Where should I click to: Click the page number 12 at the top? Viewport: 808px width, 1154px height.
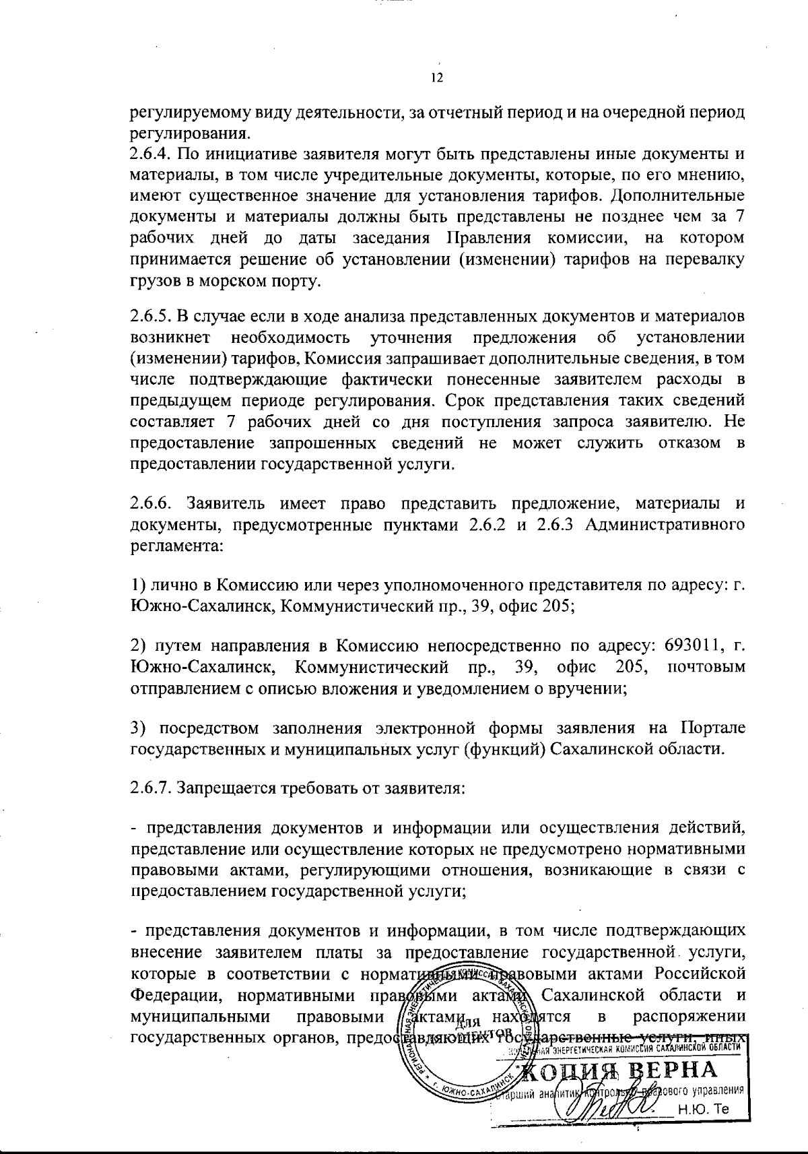pyautogui.click(x=436, y=78)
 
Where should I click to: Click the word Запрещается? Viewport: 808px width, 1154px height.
pyautogui.click(x=225, y=788)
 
